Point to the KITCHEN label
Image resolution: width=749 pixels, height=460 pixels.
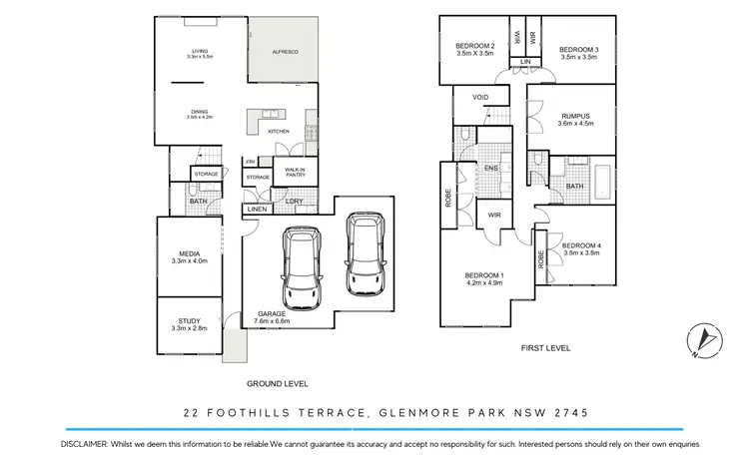[279, 132]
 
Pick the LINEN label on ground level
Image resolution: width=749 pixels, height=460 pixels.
[256, 209]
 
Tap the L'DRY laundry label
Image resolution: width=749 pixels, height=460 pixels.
[295, 203]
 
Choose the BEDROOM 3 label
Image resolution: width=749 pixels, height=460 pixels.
[578, 52]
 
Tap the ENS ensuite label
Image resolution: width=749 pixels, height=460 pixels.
[491, 169]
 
